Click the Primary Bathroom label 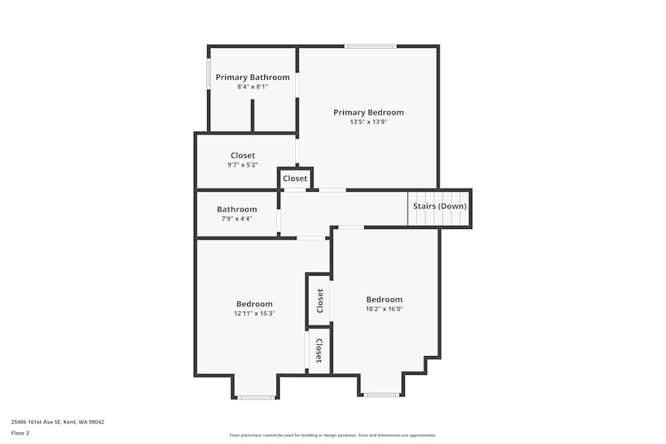(x=252, y=77)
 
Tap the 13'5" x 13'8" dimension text (x=368, y=122)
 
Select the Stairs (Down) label (x=440, y=206)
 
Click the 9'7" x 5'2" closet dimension (x=242, y=165)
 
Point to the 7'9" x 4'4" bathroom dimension (x=236, y=218)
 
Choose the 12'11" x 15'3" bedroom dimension (x=254, y=313)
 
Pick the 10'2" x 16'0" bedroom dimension (x=384, y=309)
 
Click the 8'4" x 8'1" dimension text (x=252, y=87)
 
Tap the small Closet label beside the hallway (x=295, y=178)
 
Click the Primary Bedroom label (x=368, y=112)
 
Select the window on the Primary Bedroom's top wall (x=370, y=47)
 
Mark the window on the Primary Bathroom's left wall (x=209, y=73)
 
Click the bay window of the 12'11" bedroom (x=256, y=397)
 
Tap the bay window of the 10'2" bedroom (x=382, y=395)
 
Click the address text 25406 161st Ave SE (x=57, y=421)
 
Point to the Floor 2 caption (x=20, y=433)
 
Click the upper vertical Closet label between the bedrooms (x=320, y=300)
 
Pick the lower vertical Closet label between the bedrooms (x=319, y=351)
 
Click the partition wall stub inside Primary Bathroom (x=252, y=116)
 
